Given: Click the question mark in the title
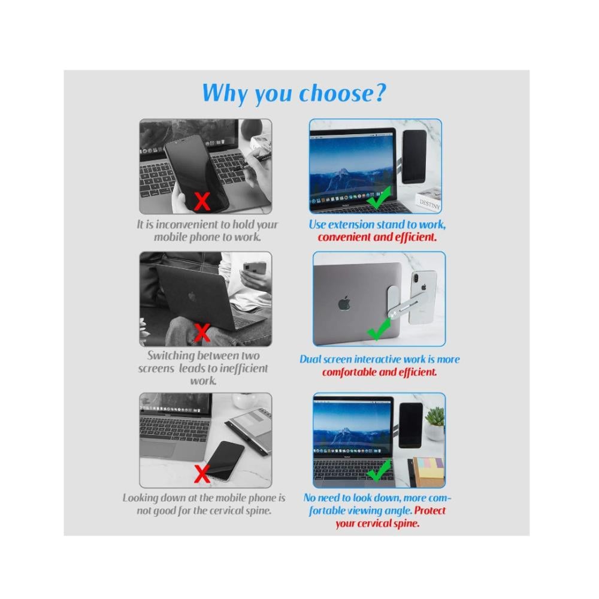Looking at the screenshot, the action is pos(380,93).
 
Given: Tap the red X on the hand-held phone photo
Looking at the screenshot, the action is pos(202,201).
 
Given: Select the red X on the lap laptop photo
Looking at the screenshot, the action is pos(202,332).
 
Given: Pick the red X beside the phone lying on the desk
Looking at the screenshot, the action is pos(202,474).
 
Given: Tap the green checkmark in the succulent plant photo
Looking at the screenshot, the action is pos(379,470).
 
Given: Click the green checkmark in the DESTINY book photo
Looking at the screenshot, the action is pos(379,198).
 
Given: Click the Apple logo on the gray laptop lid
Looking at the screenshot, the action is pos(344,303).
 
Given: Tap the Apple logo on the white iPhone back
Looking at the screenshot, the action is pos(423,286).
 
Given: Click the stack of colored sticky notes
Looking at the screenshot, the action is pos(429,471).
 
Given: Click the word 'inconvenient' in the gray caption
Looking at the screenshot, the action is pos(187,225).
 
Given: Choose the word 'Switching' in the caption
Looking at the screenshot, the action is pos(171,356).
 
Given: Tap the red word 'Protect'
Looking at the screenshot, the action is pos(429,511).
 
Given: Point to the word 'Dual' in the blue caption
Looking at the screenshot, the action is pos(310,359).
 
